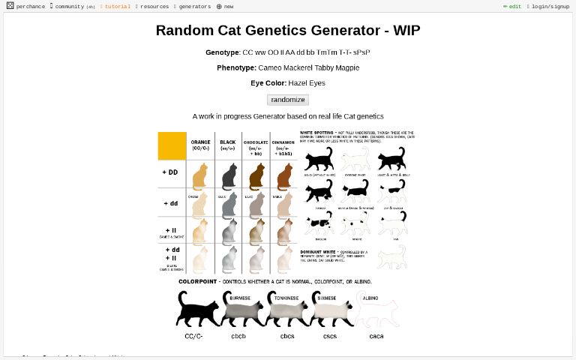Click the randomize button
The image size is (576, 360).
[288, 100]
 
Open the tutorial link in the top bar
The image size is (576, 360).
[117, 6]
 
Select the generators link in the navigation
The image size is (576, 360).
[194, 6]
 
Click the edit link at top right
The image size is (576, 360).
[514, 6]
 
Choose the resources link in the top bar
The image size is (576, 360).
[154, 6]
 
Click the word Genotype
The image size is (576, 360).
[222, 52]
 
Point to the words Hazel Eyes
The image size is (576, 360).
[307, 83]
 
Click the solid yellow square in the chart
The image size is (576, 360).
[172, 145]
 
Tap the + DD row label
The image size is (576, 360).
[170, 172]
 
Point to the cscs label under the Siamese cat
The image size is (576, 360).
[330, 336]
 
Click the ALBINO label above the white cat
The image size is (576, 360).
[370, 298]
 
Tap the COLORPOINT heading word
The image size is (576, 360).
[197, 282]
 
